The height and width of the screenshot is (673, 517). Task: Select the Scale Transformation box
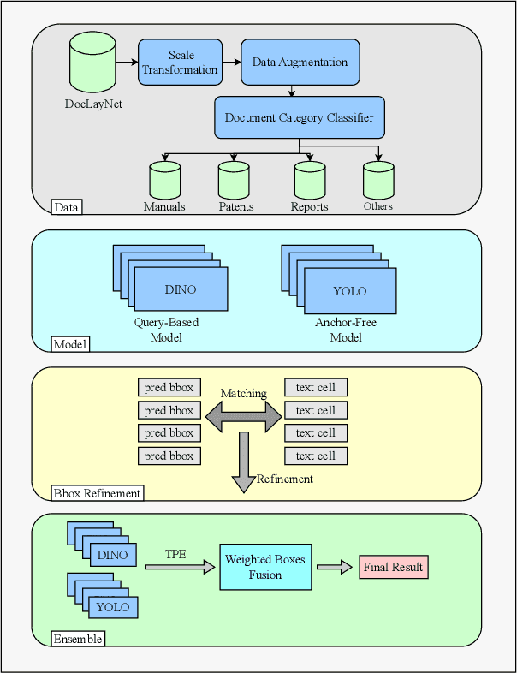[180, 63]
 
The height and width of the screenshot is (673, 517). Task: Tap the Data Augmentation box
[300, 63]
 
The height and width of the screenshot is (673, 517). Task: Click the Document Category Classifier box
[299, 117]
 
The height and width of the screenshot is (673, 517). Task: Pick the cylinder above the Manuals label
[165, 180]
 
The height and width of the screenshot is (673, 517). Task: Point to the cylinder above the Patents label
[234, 180]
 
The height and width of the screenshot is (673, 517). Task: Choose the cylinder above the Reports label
[310, 180]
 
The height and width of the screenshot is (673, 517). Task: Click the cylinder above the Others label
[378, 180]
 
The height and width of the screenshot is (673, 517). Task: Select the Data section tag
[65, 207]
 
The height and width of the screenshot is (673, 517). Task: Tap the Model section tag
[70, 344]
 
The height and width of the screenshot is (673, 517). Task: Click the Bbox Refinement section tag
[97, 493]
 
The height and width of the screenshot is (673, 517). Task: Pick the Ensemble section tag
[78, 639]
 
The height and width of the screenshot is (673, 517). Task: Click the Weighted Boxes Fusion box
[265, 567]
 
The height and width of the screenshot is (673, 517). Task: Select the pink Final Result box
[393, 567]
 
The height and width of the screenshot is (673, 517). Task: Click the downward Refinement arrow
[243, 462]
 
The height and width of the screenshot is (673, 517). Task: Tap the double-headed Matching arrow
[243, 417]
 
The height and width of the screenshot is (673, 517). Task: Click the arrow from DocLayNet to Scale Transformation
[127, 63]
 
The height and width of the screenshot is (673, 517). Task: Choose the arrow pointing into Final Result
[335, 567]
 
